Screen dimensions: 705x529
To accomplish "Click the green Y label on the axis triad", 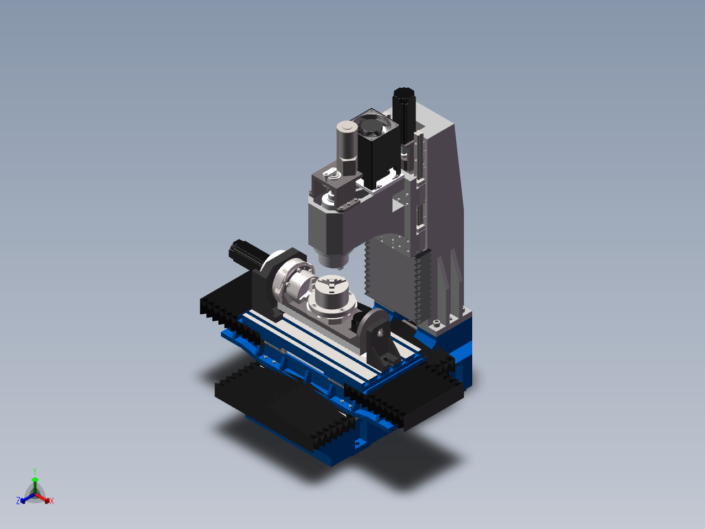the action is coord(35,472).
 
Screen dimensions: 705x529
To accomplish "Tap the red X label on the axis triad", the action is coord(52,501).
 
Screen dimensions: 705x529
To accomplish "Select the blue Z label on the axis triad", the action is coord(18,500).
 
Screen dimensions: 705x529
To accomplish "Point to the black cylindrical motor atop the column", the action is coord(404,117).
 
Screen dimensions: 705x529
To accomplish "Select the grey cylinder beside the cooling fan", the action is coord(347,148).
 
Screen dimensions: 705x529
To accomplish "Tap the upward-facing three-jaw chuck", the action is coord(332,295).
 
